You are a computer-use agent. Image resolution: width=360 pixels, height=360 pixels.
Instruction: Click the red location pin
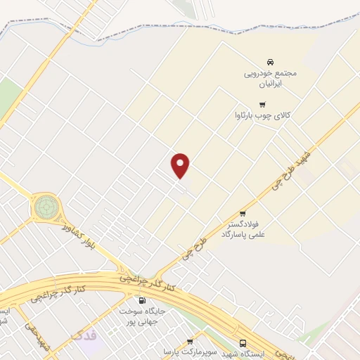coord(181,165)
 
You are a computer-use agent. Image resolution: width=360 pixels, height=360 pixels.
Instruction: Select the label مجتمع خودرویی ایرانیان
coord(271,77)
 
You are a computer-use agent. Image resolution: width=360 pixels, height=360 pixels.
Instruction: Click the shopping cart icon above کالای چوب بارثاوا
coord(262,104)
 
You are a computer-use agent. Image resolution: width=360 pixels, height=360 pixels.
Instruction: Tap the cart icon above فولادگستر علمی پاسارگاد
coord(243,214)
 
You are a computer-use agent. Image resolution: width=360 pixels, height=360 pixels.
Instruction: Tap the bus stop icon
coord(243,343)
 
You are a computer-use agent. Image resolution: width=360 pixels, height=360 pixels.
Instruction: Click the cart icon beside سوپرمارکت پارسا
coord(189,342)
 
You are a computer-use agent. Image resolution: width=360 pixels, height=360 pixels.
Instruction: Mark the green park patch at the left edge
coord(8,95)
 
